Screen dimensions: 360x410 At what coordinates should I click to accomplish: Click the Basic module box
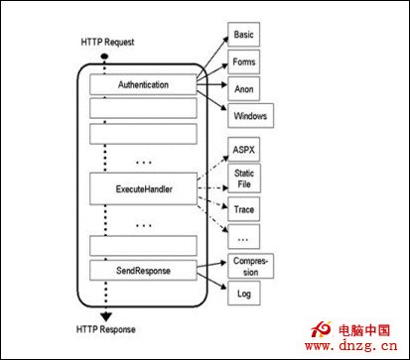[x=243, y=36]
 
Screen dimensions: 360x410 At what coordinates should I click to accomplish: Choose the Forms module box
[x=243, y=62]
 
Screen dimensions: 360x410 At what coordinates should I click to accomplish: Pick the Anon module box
[x=243, y=88]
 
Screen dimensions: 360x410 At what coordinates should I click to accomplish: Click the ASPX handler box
[x=244, y=151]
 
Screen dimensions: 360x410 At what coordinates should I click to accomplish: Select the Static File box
[x=244, y=180]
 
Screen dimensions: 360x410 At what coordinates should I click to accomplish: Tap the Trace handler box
[x=244, y=209]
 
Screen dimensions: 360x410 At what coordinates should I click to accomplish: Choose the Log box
[x=244, y=295]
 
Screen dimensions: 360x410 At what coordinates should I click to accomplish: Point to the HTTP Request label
[x=106, y=43]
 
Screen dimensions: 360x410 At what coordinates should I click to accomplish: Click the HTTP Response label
[x=106, y=328]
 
